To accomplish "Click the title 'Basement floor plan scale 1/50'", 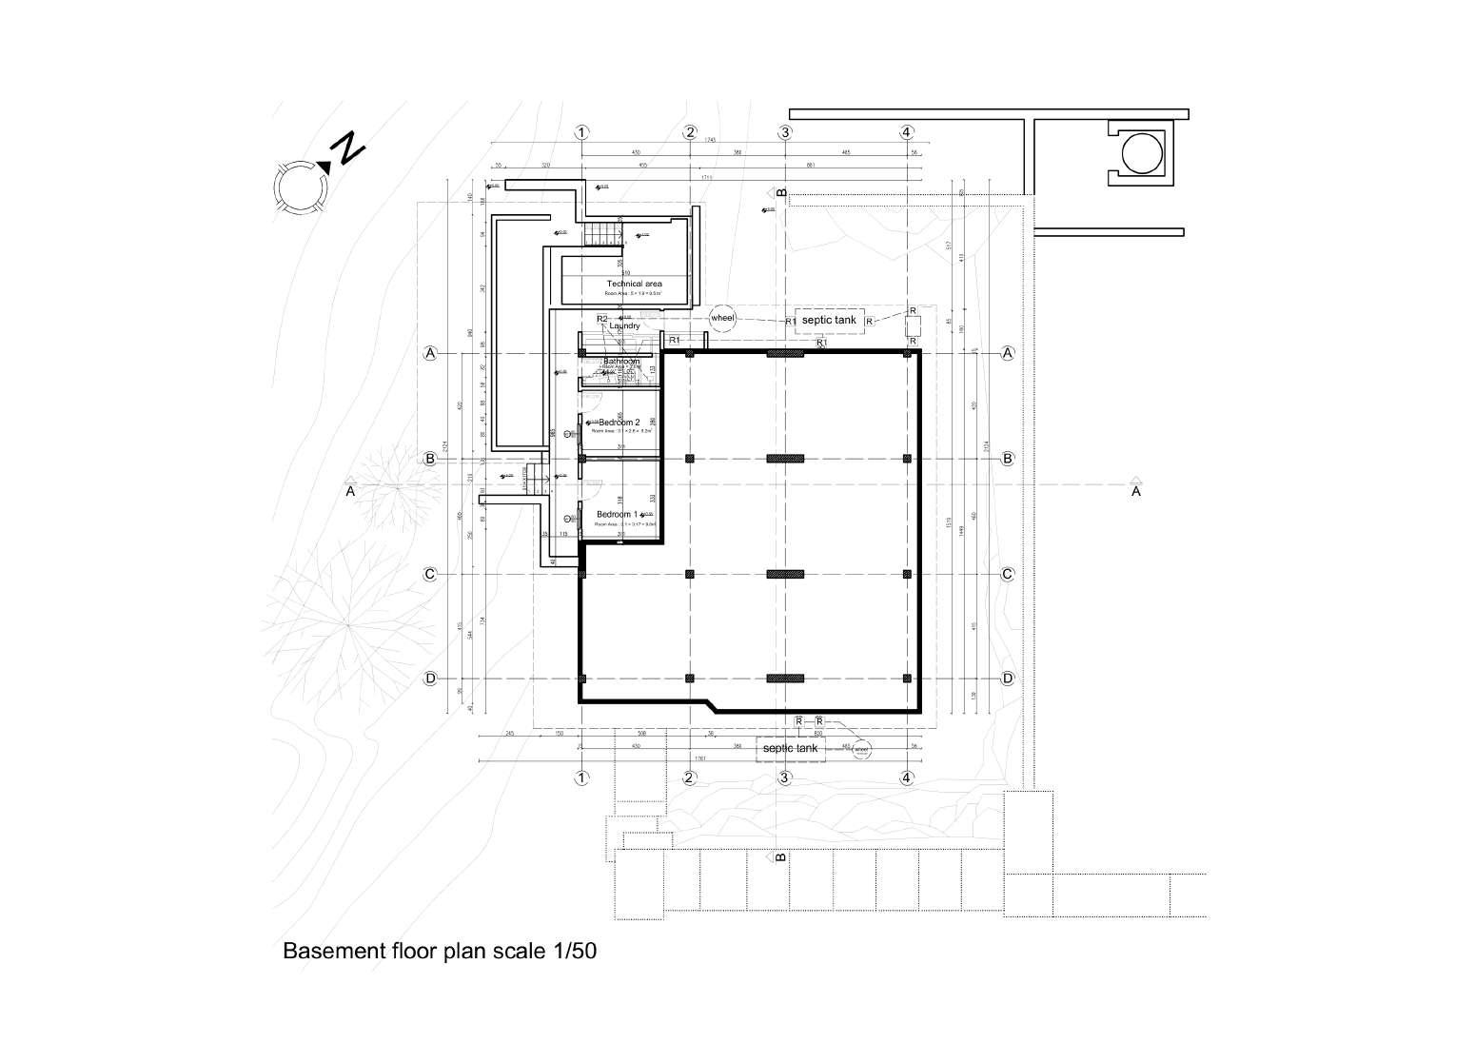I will [x=440, y=951].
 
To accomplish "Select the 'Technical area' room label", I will [x=634, y=284].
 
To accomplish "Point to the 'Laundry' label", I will [x=624, y=326].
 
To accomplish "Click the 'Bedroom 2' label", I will [x=619, y=422].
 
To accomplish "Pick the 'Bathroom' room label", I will [x=621, y=362].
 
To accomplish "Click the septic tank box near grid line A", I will [x=829, y=321].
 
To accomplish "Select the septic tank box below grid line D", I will [x=790, y=749].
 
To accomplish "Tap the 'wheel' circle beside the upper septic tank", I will [x=723, y=317].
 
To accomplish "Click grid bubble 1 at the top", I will [x=582, y=132].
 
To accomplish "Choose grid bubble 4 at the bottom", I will [x=907, y=777].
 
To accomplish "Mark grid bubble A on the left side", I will [x=430, y=354].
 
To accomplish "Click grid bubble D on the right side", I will [x=1008, y=679].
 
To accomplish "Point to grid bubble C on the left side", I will [x=430, y=575].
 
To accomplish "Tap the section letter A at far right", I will [x=1135, y=492].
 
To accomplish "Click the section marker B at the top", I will [x=780, y=193].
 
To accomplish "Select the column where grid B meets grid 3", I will [x=785, y=459].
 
